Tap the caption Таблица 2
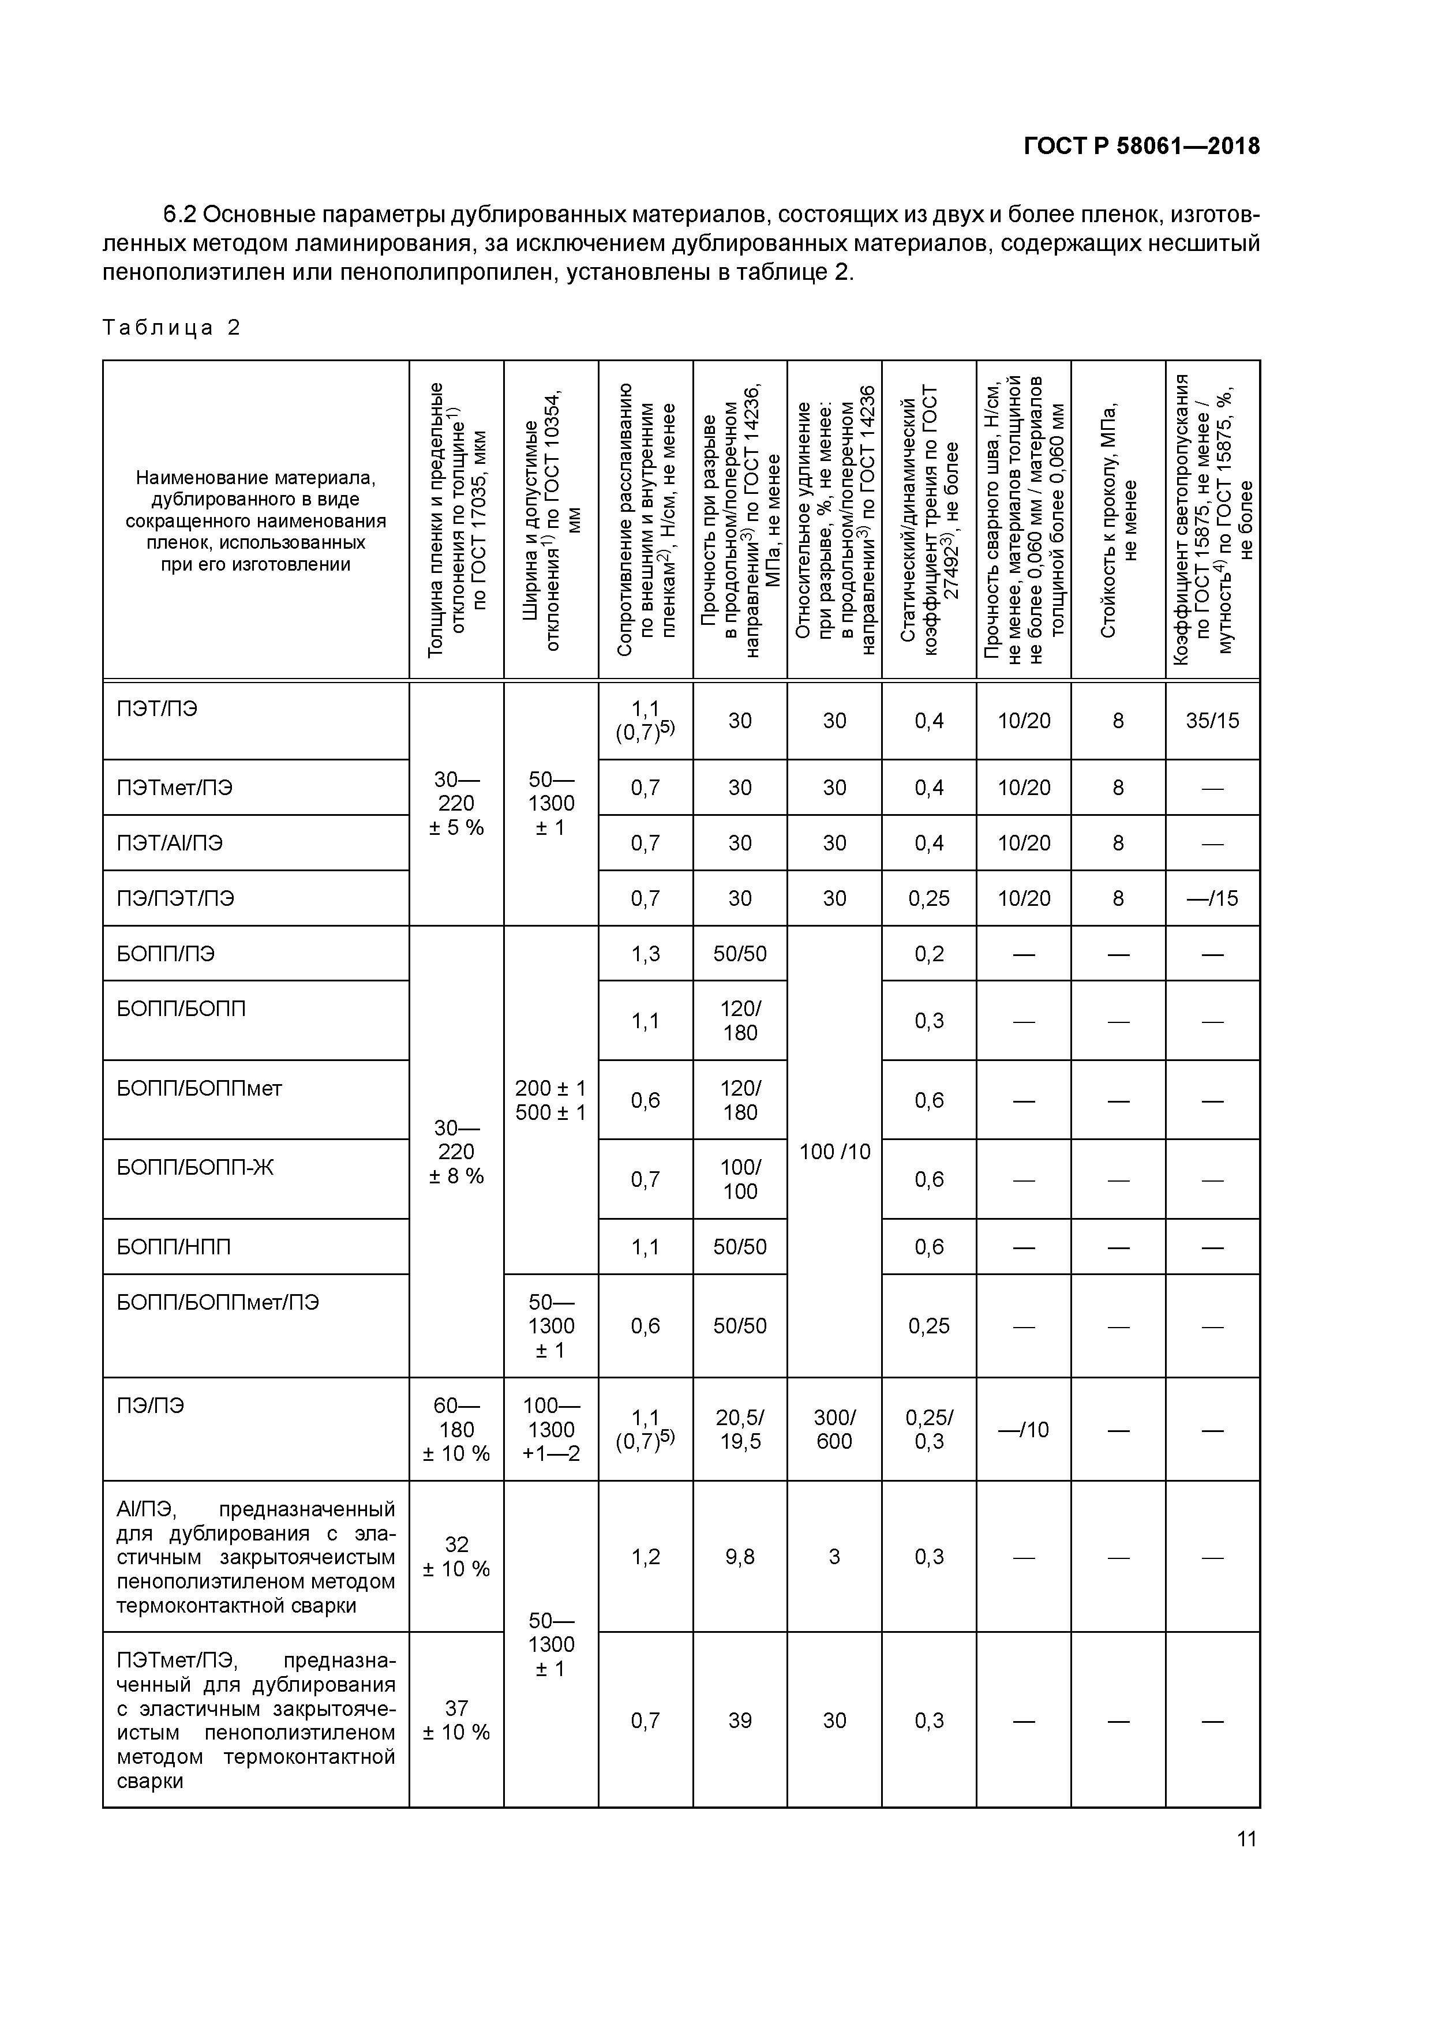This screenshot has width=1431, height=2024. coord(171,328)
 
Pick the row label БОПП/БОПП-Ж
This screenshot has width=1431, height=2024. coord(195,1167)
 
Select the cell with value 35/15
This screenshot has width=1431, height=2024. coord(1212,720)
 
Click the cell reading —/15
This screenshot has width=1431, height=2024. coord(1212,898)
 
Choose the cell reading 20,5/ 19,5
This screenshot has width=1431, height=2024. coord(740,1429)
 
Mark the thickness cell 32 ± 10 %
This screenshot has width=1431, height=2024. coord(456,1556)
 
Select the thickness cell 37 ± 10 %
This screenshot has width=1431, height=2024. coord(456,1720)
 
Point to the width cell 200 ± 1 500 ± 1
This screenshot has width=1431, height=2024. coord(550,1100)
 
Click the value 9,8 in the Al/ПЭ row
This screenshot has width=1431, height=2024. coord(740,1557)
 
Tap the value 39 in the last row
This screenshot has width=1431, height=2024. coord(740,1721)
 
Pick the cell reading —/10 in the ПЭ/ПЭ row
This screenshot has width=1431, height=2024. coord(1023,1430)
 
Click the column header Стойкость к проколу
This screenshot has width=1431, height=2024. coord(1118,520)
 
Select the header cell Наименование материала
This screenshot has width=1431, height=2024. coord(256,520)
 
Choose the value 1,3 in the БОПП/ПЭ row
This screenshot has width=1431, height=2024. coord(646,954)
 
